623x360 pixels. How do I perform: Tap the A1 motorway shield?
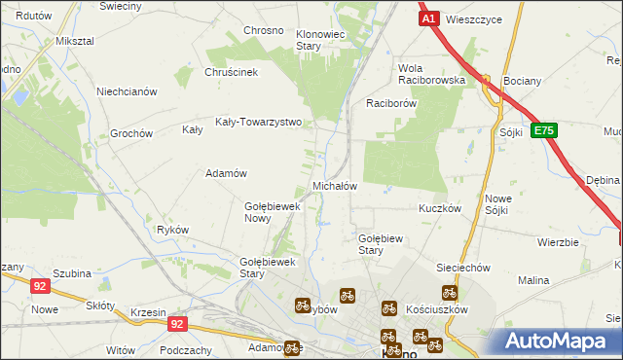click(428, 18)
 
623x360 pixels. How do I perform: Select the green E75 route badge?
click(544, 130)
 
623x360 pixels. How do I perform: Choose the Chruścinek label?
click(230, 72)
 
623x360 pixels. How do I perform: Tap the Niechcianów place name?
click(127, 92)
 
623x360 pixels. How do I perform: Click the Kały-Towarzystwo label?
click(259, 124)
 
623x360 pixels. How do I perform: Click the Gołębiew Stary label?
click(383, 243)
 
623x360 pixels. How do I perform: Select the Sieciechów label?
click(461, 267)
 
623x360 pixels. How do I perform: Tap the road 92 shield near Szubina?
click(40, 286)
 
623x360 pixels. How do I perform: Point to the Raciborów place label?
click(391, 102)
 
